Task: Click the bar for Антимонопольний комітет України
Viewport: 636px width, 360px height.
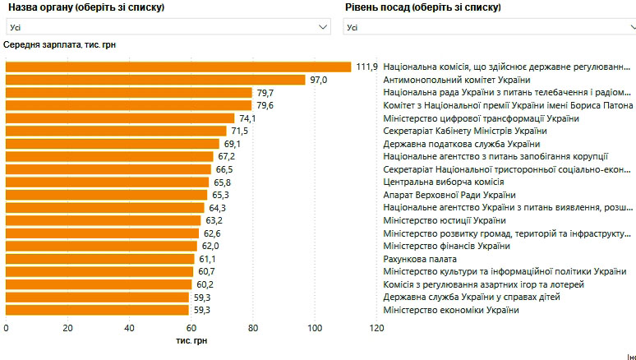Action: point(156,80)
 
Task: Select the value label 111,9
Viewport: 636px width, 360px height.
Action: point(366,67)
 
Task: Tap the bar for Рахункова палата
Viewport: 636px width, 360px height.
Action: point(100,259)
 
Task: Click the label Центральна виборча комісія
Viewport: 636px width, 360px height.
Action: point(443,182)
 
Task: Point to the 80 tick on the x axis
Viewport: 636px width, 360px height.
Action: point(252,329)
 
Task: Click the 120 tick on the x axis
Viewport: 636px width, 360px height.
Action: point(376,329)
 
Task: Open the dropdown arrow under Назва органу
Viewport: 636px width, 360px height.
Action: point(324,26)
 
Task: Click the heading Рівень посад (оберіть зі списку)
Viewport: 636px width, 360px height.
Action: point(421,7)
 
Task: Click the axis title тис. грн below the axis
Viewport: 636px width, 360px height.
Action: point(191,341)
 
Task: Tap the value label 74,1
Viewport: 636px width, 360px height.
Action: point(248,118)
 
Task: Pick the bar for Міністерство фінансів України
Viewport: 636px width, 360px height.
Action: point(102,246)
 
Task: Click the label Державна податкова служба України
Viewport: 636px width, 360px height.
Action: point(465,144)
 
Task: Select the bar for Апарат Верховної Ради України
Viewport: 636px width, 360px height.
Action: point(107,195)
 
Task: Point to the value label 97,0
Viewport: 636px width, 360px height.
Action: point(318,80)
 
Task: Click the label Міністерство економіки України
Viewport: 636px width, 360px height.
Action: point(451,310)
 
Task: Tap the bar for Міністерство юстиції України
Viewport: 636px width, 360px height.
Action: point(104,220)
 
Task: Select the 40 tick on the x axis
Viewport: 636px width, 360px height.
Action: point(129,329)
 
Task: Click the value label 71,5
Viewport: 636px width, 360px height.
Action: point(240,131)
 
